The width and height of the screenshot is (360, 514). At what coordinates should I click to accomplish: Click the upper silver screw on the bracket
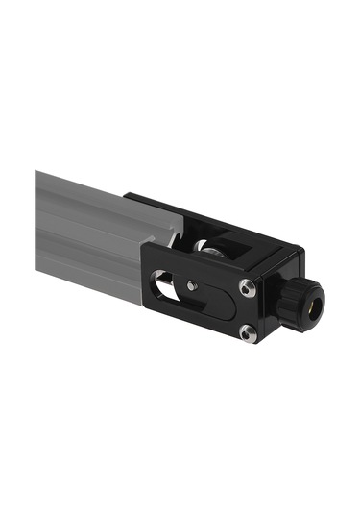(248, 287)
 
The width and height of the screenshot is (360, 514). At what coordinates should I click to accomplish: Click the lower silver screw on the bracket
(248, 332)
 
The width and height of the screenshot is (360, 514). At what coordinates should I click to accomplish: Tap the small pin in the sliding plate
(195, 284)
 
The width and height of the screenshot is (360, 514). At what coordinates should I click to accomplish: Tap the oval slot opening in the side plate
(167, 285)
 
